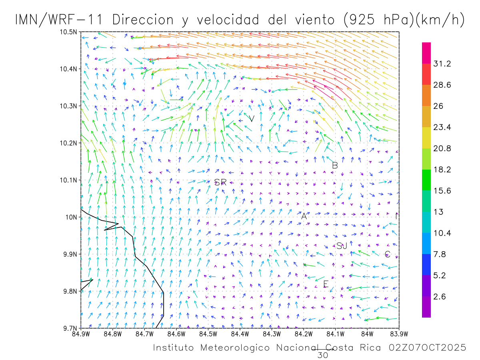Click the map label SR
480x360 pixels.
click(220, 183)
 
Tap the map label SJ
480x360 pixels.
click(342, 246)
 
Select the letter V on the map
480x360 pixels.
click(252, 119)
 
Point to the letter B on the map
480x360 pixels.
click(335, 165)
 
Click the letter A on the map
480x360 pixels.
click(304, 216)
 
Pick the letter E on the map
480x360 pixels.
click(326, 284)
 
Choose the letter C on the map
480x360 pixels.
click(387, 254)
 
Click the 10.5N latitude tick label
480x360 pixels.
click(69, 32)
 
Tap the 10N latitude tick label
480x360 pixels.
click(71, 217)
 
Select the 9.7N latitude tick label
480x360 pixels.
click(70, 328)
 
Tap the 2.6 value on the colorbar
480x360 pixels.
click(440, 297)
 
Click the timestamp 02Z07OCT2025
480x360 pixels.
click(427, 348)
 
